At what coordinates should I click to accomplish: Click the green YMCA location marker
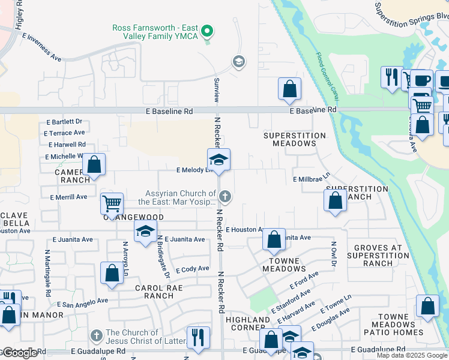(208, 29)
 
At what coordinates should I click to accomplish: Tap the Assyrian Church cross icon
(225, 196)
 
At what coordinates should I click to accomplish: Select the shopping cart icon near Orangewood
(112, 205)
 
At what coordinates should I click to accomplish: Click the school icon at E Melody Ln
(219, 160)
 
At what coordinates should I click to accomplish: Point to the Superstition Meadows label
(294, 140)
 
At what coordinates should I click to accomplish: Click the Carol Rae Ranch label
(154, 292)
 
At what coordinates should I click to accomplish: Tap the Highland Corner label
(248, 324)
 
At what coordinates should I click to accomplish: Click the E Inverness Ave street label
(43, 47)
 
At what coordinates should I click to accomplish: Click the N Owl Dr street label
(332, 254)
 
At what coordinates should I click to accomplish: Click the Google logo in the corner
(20, 353)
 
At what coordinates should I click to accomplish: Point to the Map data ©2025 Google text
(411, 355)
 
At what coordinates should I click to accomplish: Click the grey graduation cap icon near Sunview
(238, 62)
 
